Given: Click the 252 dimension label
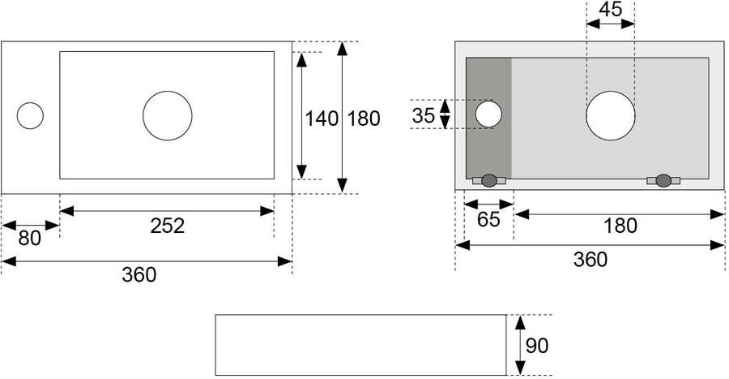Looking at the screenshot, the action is click(168, 226).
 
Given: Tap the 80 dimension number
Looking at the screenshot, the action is click(30, 239).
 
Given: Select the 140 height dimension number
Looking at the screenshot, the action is click(322, 118).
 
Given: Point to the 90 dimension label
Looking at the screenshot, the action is click(537, 346).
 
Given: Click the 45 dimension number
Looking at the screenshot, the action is click(611, 9).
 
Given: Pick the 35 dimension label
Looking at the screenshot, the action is click(423, 115).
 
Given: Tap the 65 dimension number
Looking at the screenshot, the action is click(488, 219).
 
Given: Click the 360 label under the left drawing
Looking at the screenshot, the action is click(139, 274).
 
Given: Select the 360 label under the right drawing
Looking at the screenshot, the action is click(590, 260).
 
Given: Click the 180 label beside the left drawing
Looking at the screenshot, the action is click(364, 118).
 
